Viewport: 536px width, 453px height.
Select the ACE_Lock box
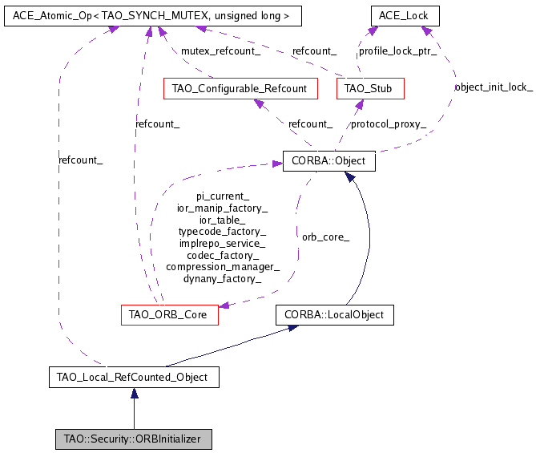[x=404, y=15]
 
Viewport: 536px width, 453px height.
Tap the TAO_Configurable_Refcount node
[x=240, y=88]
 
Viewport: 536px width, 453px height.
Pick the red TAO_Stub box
[x=370, y=88]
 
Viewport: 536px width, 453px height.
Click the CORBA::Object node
[x=328, y=161]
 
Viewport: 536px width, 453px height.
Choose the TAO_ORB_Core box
[x=168, y=314]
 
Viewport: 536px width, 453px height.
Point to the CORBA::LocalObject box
[x=334, y=314]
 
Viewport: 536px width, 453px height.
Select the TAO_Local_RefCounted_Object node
[x=133, y=376]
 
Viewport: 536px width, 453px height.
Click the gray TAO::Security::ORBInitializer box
[x=133, y=439]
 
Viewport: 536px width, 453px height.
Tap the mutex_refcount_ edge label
[x=220, y=51]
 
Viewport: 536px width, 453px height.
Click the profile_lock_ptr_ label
[x=397, y=51]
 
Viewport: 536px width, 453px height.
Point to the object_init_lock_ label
[x=494, y=87]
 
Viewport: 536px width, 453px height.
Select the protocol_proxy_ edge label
[x=389, y=124]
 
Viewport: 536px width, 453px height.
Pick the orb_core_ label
[x=325, y=237]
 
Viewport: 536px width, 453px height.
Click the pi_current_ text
[x=223, y=196]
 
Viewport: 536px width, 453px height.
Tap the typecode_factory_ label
[x=223, y=231]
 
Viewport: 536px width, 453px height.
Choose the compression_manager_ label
[x=223, y=267]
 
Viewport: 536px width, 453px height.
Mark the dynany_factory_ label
[x=223, y=279]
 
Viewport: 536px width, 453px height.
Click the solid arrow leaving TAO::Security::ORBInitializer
[x=134, y=407]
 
